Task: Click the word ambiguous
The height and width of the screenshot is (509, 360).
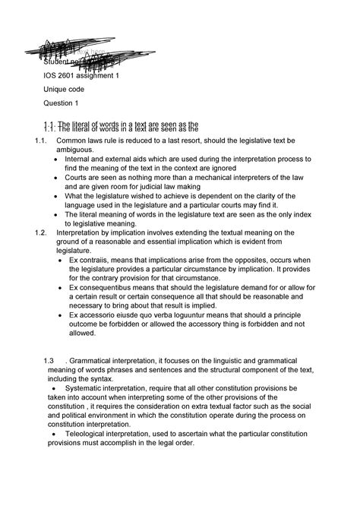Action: [74, 150]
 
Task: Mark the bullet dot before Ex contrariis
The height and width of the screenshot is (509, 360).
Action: [61, 260]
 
